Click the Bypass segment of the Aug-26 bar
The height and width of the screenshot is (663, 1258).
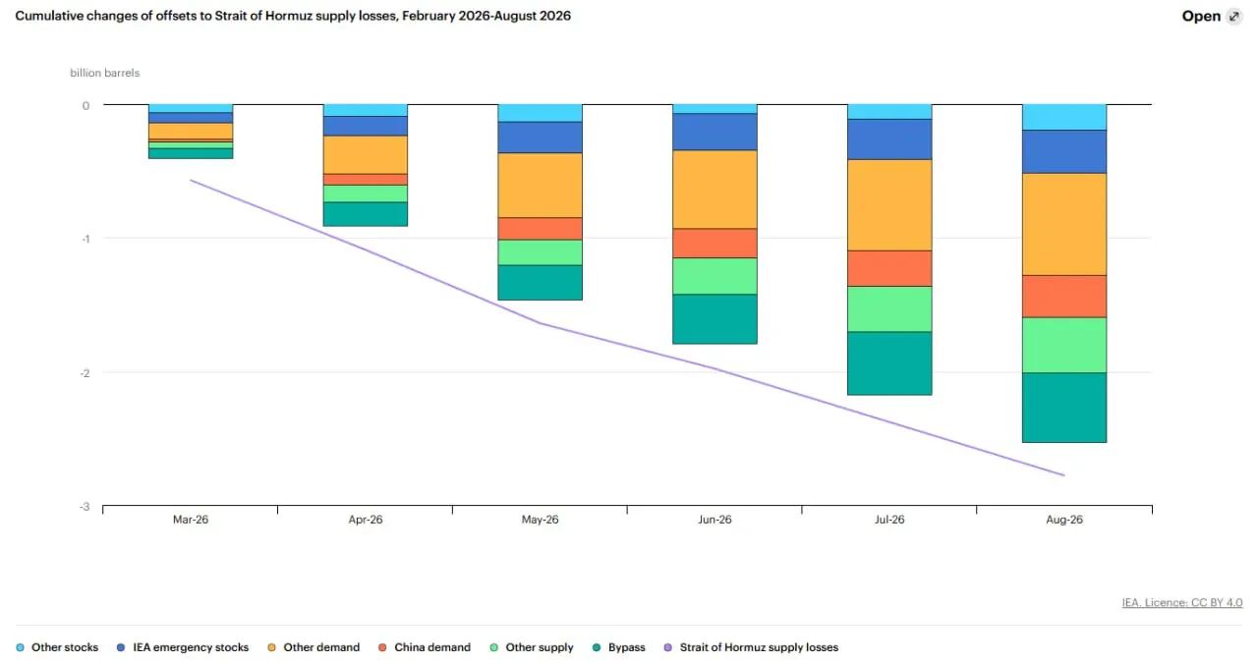1064,408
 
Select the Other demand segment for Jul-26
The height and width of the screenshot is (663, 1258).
889,205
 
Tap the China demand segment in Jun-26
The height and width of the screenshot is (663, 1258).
715,243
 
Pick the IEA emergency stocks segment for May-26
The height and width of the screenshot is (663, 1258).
540,137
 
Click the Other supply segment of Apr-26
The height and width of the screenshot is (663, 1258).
365,193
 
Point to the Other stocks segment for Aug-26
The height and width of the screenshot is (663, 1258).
1064,117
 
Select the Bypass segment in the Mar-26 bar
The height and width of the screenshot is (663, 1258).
191,153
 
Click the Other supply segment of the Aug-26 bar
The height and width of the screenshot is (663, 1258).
1064,346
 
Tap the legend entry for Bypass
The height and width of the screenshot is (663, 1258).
619,647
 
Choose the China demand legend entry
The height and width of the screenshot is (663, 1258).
425,647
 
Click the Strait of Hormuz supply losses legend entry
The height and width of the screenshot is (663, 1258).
751,647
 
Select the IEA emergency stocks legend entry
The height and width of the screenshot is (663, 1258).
183,647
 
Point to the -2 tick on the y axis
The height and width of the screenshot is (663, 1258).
85,373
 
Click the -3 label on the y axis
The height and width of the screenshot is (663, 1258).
85,507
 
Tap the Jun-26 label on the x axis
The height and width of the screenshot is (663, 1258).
715,520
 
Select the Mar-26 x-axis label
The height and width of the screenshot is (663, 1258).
191,520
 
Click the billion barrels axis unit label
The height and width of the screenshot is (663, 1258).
104,73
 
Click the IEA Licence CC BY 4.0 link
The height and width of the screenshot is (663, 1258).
1182,602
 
